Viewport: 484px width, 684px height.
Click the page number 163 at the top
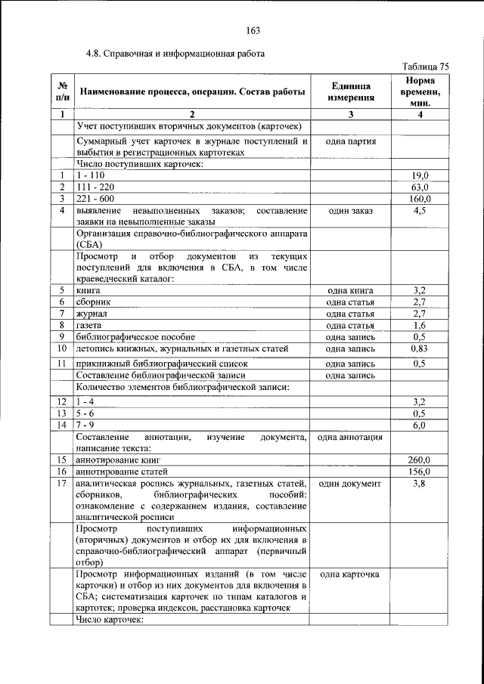click(x=253, y=30)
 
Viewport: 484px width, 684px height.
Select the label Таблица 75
click(x=426, y=67)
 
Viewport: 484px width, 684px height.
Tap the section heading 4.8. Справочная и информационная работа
click(x=175, y=54)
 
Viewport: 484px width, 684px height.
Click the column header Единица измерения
click(x=350, y=92)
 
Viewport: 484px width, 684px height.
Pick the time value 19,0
click(x=420, y=175)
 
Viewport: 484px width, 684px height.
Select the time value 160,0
click(x=420, y=198)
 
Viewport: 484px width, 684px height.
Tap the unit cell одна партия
click(x=350, y=141)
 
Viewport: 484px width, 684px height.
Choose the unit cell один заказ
click(x=350, y=210)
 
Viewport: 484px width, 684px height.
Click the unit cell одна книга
click(x=350, y=290)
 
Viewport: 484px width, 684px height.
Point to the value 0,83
click(x=420, y=348)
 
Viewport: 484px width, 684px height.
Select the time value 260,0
click(x=420, y=460)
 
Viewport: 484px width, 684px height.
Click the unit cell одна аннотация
click(x=350, y=437)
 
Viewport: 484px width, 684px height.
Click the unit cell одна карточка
click(x=350, y=574)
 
